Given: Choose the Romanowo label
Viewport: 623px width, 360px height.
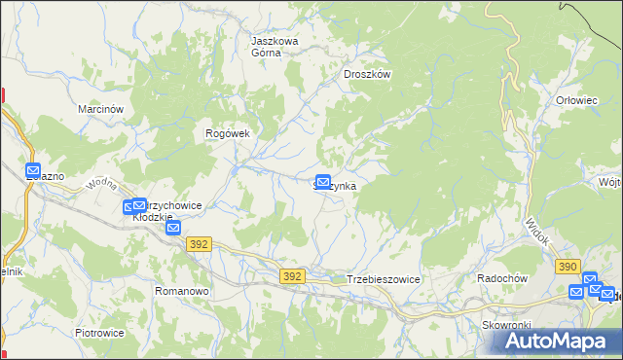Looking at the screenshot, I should pyautogui.click(x=183, y=291).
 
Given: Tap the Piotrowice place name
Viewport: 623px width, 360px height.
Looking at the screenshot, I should pyautogui.click(x=99, y=332).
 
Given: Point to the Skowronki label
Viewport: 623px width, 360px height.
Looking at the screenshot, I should pyautogui.click(x=504, y=324).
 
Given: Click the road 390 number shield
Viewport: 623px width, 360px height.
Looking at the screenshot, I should pyautogui.click(x=568, y=267).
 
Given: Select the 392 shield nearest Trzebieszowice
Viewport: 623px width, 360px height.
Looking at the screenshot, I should pyautogui.click(x=292, y=276).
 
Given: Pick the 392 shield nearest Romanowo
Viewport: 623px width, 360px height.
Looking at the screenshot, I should pyautogui.click(x=200, y=245).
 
